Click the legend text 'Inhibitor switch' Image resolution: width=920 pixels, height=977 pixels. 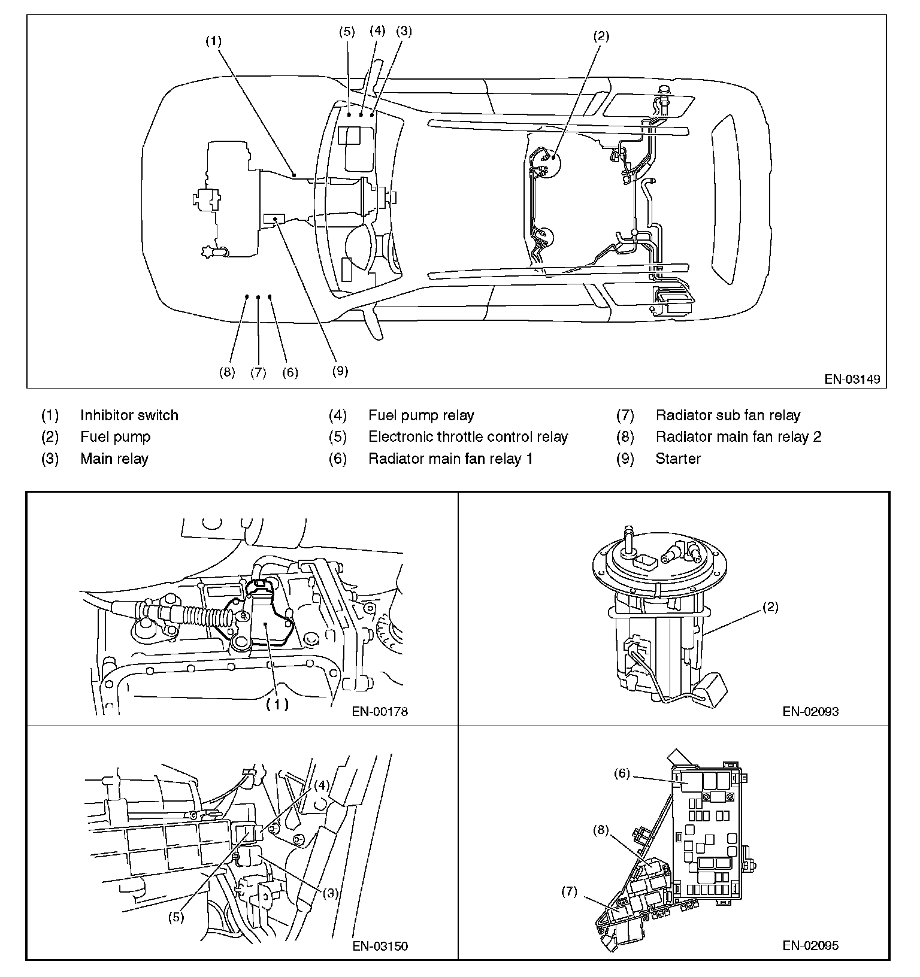point(129,415)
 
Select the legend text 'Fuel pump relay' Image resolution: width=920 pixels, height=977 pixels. point(421,415)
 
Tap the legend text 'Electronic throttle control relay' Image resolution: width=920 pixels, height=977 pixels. point(468,437)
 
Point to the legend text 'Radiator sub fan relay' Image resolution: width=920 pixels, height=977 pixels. point(728,415)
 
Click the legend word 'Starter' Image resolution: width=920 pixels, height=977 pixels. point(678,459)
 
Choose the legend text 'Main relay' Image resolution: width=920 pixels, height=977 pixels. point(114,459)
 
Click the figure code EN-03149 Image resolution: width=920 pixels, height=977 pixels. point(852,379)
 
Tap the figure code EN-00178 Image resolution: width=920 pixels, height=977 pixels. point(380,712)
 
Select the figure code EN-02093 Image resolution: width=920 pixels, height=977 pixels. point(810,712)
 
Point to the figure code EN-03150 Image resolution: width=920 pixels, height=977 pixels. point(380,946)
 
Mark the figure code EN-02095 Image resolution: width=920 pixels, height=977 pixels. point(810,946)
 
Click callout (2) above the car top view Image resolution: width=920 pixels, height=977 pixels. point(601,37)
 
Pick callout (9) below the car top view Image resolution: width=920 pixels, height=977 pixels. point(340,371)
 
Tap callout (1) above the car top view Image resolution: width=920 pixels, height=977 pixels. point(213,41)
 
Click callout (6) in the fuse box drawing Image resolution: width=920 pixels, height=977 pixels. point(622,773)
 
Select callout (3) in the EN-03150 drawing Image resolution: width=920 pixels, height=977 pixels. point(331,893)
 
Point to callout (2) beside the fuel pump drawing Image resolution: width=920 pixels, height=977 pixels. point(770,607)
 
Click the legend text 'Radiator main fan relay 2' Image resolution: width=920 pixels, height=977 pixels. point(739,437)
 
